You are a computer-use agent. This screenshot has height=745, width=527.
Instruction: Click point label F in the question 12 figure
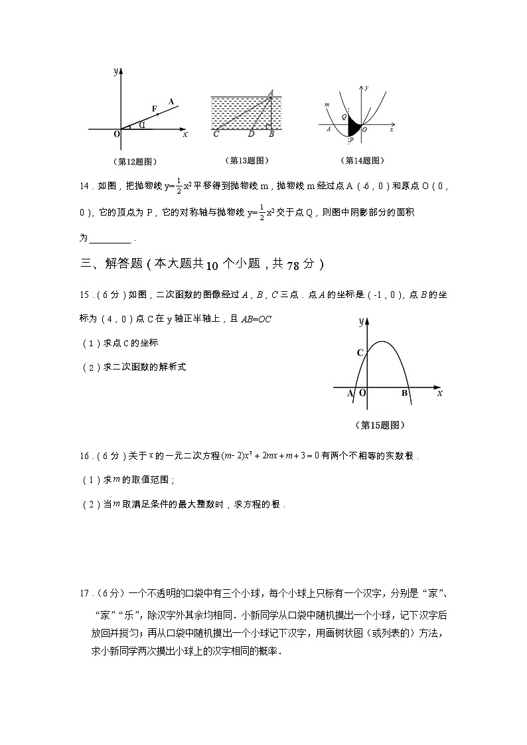155,108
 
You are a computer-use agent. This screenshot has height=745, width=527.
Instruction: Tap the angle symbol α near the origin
142,123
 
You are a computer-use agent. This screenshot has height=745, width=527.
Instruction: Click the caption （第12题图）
135,161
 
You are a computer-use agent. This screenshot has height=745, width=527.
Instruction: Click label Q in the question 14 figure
344,117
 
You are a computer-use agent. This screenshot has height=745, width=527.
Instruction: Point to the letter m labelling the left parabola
327,104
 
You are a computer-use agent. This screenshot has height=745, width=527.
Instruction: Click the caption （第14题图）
362,161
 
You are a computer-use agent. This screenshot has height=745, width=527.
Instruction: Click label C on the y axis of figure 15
360,353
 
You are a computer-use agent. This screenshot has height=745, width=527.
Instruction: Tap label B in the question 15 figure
404,393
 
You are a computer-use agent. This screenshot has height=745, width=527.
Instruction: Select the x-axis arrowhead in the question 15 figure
435,387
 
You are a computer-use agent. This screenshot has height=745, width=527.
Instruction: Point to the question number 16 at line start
84,456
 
